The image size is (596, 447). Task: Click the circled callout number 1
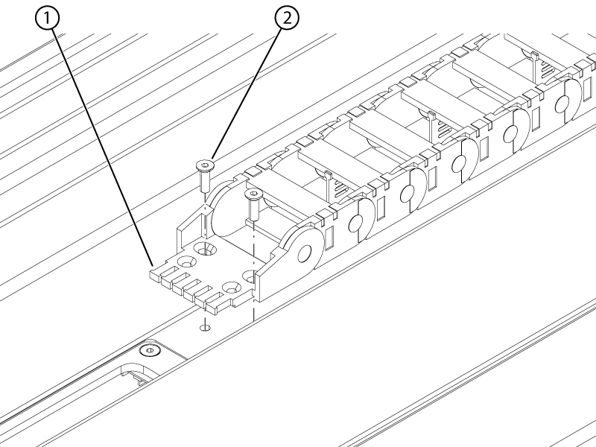(x=47, y=18)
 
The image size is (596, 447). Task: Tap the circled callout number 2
(x=287, y=18)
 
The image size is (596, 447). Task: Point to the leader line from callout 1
(x=103, y=148)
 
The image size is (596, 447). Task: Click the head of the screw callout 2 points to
(x=204, y=165)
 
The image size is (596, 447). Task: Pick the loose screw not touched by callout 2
(x=253, y=206)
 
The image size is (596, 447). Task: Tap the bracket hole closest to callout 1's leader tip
(x=186, y=261)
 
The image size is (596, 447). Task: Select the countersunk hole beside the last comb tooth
(x=231, y=288)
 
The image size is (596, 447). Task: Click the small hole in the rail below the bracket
(x=206, y=327)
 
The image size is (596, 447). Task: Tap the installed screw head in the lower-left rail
(x=150, y=350)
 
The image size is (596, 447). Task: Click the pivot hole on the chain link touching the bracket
(x=305, y=253)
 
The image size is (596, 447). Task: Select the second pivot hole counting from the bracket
(x=356, y=223)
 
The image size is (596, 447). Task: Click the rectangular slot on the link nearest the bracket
(x=329, y=238)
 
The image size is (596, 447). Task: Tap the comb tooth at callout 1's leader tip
(x=156, y=273)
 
